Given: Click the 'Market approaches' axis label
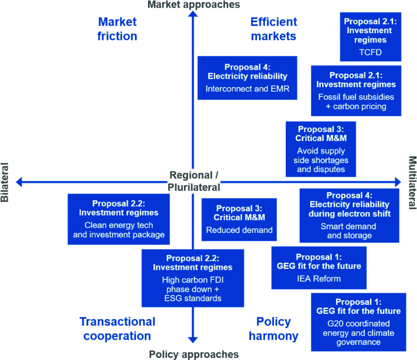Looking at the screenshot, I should [x=193, y=5].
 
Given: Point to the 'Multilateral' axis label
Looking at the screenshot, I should [x=412, y=182].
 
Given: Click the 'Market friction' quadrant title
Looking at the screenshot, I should [x=117, y=29].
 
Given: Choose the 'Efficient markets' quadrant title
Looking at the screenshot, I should [x=274, y=29].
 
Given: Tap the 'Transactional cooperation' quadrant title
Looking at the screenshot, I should [x=117, y=328].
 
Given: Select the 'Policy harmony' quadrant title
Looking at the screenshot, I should [x=274, y=328].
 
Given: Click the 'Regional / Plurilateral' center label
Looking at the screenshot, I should [x=194, y=181].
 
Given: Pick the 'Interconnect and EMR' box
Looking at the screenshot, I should [x=247, y=78].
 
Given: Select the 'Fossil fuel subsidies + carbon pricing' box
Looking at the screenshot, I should [x=355, y=90].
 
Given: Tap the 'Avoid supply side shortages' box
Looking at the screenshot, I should [x=320, y=149].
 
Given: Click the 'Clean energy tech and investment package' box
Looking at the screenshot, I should [x=118, y=219].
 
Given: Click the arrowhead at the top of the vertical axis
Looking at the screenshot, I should [x=193, y=15].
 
